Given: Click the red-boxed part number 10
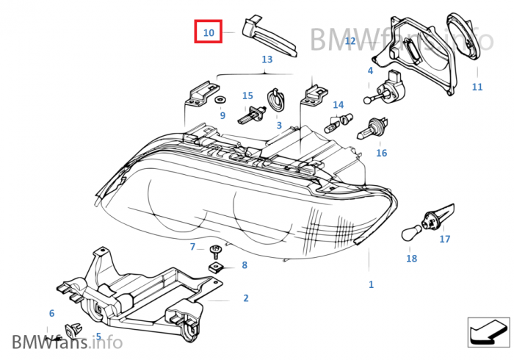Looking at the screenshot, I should pos(209,32).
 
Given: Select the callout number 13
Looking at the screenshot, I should pos(267,59).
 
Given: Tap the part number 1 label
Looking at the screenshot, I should pos(371,284).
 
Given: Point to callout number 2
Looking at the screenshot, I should pos(246,298).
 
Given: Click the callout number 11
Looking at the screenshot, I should pos(477,87).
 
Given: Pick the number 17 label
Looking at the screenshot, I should pos(445,239).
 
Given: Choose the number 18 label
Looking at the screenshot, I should pos(411,258).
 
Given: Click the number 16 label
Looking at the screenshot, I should pos(381,153).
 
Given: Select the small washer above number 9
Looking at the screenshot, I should pos(221,99).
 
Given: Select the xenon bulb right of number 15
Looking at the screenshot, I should pos(253,114).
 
